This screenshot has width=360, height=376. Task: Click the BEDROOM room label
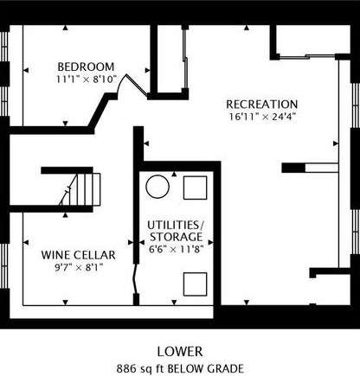tap(86, 67)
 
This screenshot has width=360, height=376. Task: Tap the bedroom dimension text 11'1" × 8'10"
tap(86, 80)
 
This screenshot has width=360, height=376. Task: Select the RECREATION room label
tap(262, 105)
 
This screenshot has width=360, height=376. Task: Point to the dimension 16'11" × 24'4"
tap(262, 117)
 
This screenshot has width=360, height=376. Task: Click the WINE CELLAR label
tap(78, 255)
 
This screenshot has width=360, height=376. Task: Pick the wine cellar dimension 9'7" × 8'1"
tap(79, 268)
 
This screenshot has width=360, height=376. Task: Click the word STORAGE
tap(176, 237)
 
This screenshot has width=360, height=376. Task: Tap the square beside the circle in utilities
tap(196, 188)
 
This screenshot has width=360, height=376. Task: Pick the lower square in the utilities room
tap(196, 284)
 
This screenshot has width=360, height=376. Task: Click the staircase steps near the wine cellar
tap(84, 189)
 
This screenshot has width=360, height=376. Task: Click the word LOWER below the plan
tap(180, 352)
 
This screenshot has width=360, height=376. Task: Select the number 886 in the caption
tap(125, 368)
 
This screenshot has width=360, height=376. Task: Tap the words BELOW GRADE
tap(206, 368)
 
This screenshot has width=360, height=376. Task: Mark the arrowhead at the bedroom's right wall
tap(147, 70)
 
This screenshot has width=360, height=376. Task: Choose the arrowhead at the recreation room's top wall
tap(247, 28)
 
